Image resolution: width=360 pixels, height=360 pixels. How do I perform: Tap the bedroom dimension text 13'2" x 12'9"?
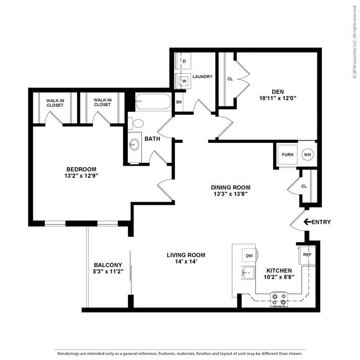(x=82, y=176)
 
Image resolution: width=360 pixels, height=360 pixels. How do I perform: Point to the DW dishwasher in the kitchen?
(x=248, y=256)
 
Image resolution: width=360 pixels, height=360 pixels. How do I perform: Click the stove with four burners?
(x=280, y=300)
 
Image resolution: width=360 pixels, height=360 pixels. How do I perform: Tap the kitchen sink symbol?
(x=248, y=272)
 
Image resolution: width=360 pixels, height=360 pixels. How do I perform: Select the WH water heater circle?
(x=308, y=155)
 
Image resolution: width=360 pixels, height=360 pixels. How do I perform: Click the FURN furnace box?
(x=287, y=155)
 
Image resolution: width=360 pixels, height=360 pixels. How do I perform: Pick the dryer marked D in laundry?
(x=183, y=60)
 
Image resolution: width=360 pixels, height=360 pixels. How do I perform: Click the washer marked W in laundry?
(x=183, y=80)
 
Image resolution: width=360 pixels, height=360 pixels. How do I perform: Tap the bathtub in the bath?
(x=152, y=102)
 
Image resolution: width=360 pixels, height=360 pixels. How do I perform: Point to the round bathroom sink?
(x=134, y=145)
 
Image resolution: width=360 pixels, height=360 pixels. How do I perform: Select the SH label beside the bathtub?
(x=178, y=102)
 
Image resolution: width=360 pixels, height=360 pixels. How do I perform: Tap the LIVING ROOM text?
(x=186, y=255)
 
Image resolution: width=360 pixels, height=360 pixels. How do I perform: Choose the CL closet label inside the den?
(x=230, y=79)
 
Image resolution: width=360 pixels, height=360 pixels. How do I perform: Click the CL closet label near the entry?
(x=304, y=186)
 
